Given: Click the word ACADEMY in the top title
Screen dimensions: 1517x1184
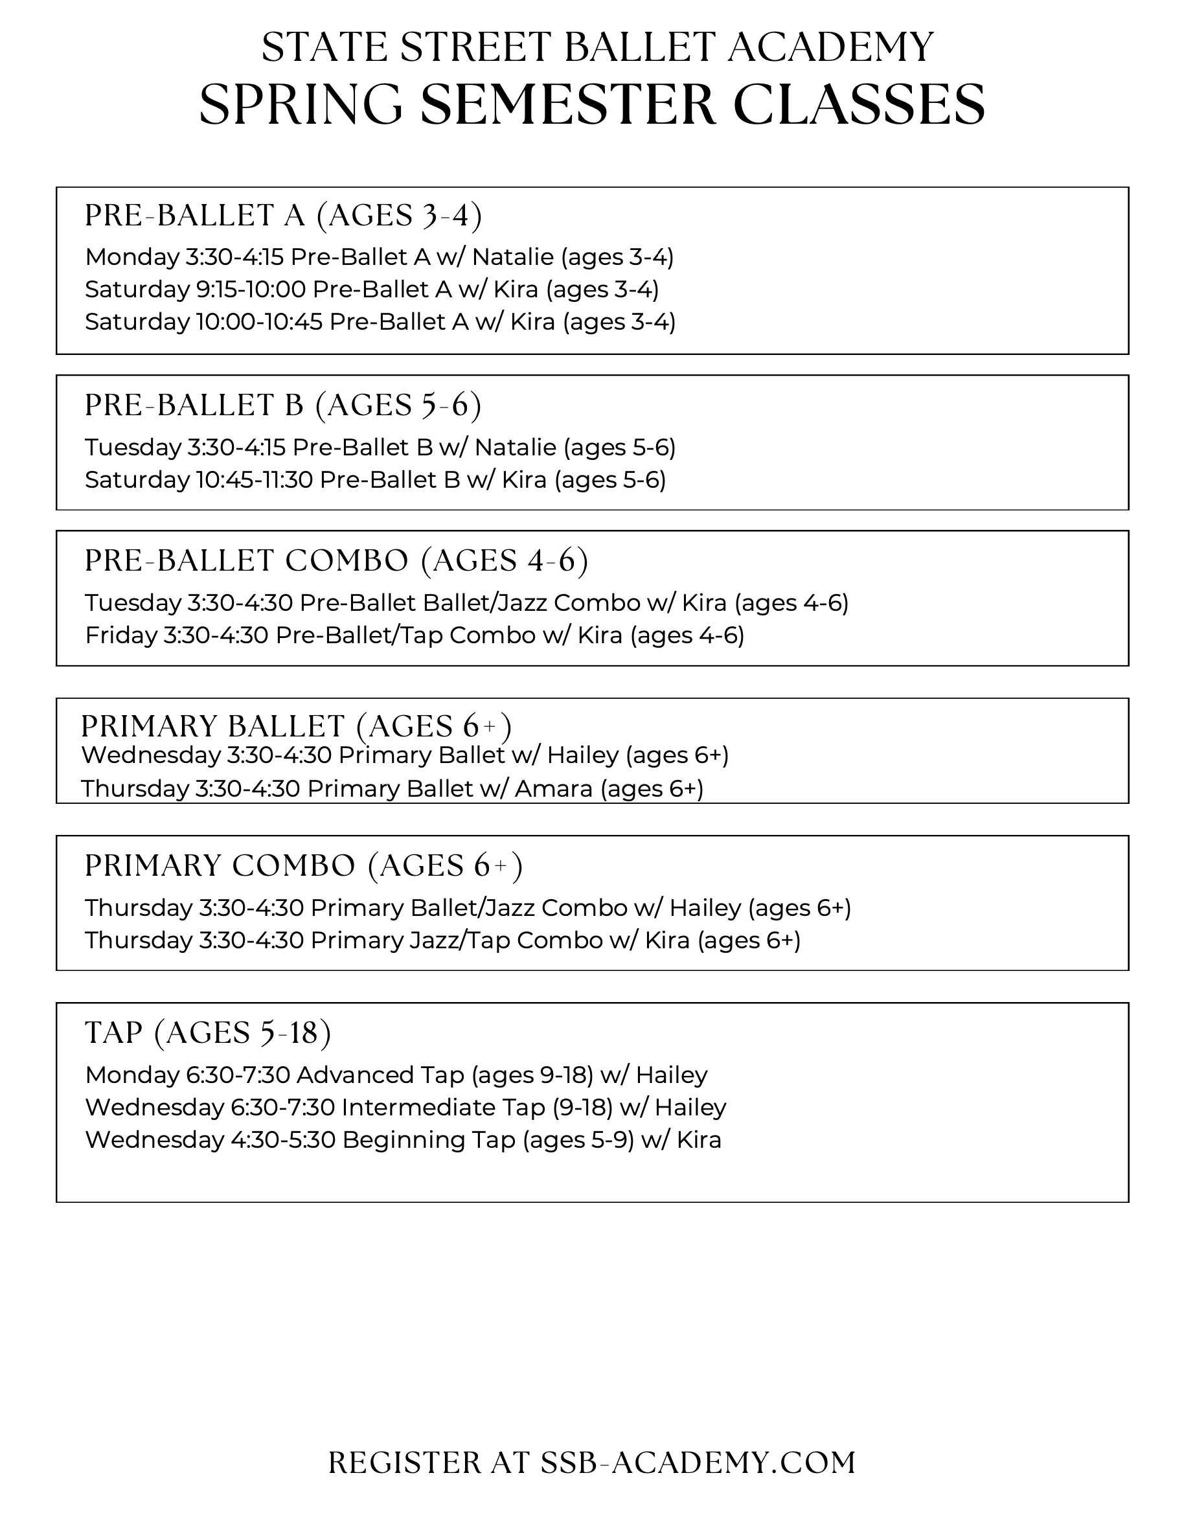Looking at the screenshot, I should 830,47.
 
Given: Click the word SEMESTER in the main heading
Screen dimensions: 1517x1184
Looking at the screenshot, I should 567,105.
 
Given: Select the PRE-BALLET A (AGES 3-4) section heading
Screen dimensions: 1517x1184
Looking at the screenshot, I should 282,215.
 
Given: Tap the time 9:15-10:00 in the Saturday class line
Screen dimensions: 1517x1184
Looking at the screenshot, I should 251,289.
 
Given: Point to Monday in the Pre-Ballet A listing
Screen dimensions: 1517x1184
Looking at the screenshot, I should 132,257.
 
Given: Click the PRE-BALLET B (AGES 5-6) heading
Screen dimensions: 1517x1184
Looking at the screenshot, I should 282,405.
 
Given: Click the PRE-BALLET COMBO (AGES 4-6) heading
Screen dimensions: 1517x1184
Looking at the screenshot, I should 336,560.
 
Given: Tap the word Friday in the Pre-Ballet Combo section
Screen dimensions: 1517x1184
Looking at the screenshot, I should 122,635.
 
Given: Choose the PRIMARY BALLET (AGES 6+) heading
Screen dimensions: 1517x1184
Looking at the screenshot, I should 296,727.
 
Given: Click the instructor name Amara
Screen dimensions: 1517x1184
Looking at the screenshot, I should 553,789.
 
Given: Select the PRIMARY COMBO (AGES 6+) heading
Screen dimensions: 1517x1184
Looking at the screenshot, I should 304,866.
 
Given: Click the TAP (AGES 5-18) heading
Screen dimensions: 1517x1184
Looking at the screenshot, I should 208,1033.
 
